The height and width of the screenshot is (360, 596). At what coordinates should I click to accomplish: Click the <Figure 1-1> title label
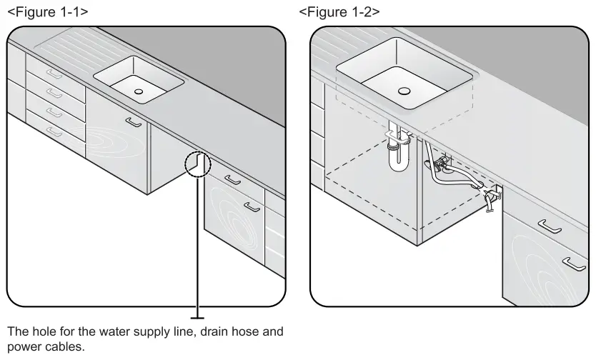click(48, 12)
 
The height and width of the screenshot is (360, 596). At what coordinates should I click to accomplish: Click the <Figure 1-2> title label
click(340, 12)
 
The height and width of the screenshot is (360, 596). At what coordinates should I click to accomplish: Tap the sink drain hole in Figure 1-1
click(138, 91)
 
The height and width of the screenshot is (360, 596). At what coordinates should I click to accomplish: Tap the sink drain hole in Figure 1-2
click(405, 91)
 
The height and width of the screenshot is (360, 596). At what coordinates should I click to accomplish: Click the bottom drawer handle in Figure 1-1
click(54, 131)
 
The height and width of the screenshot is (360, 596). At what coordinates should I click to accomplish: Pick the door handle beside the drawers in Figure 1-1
click(133, 122)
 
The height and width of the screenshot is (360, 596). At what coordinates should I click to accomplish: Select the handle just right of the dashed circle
click(230, 180)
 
